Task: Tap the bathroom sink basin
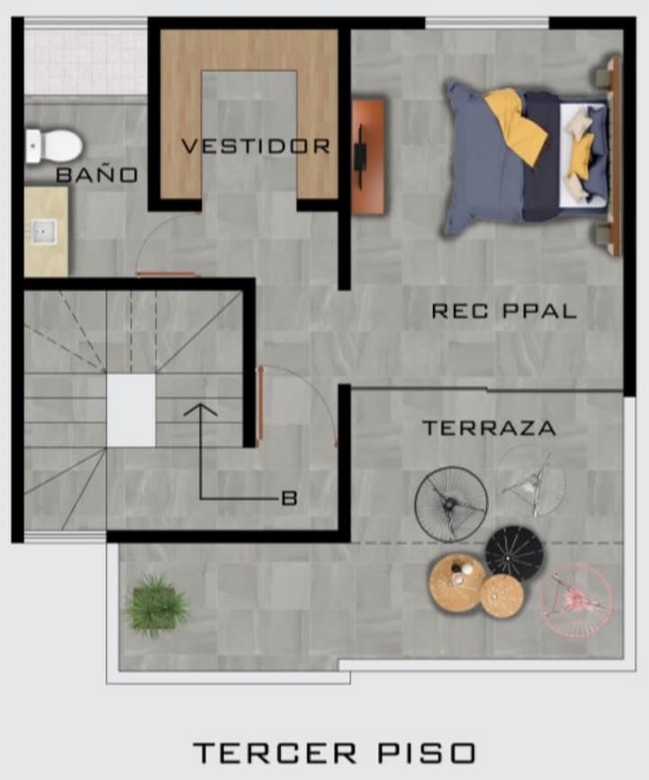(45, 232)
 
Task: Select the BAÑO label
(97, 175)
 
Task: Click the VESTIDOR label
(256, 146)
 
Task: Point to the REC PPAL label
(504, 311)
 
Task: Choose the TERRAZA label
(489, 428)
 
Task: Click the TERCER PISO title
(334, 753)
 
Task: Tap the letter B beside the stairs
(289, 498)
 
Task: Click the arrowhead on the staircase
(201, 410)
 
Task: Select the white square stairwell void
(131, 411)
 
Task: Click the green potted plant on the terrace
(156, 605)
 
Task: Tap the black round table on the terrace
(514, 553)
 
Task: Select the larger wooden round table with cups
(457, 582)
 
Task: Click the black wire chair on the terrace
(451, 503)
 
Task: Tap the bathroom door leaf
(168, 274)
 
